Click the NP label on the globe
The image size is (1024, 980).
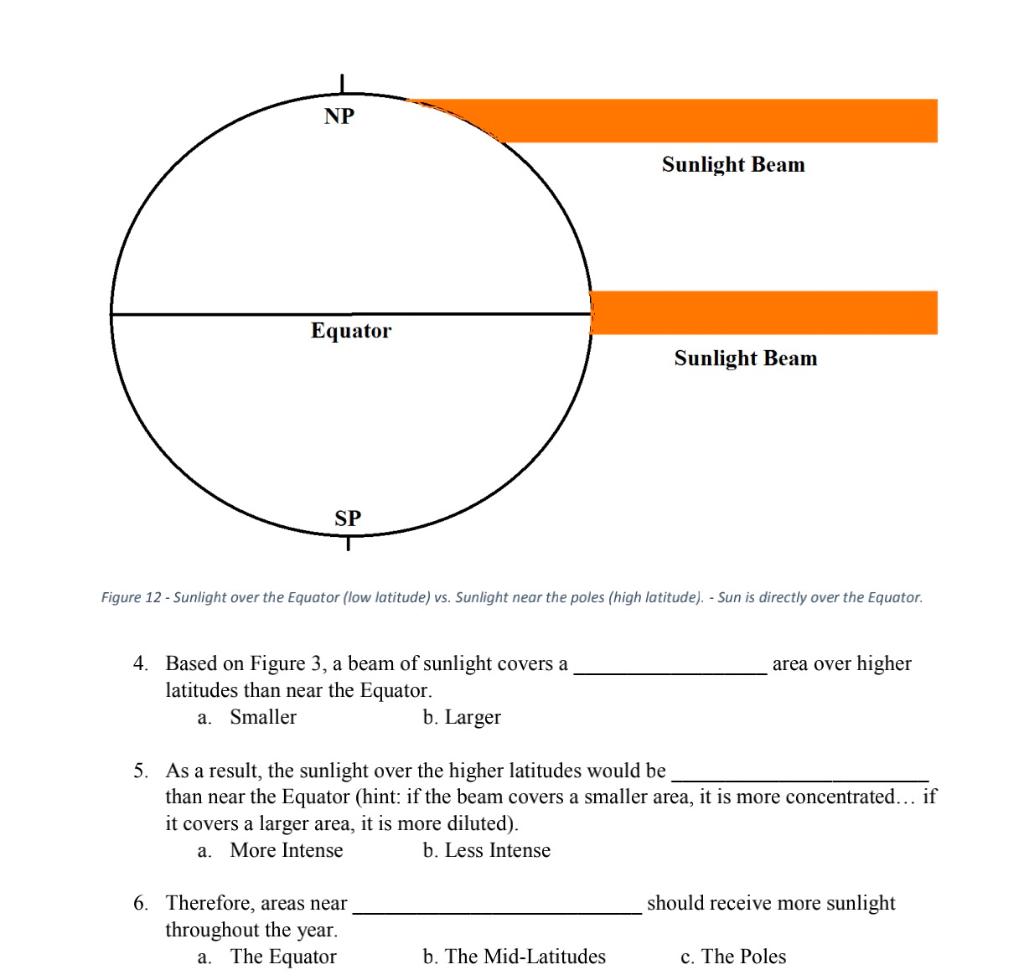coord(339,116)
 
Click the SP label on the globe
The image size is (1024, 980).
coord(348,518)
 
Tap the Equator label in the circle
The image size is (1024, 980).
coord(351,331)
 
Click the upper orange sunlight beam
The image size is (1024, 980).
coord(700,121)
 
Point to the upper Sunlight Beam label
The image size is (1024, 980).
coord(733,165)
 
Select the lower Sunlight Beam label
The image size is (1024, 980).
coord(745,358)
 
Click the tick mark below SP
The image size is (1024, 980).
coord(348,545)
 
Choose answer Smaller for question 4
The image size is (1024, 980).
coord(262,717)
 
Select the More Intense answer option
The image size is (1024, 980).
coord(286,850)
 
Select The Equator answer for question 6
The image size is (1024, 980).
coord(283,956)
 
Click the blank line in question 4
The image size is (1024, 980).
coord(669,674)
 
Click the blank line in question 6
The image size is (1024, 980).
coord(497,912)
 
